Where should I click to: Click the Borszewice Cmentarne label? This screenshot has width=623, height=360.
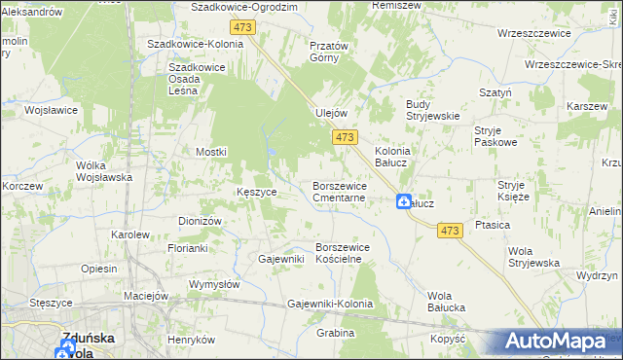pos(339,191)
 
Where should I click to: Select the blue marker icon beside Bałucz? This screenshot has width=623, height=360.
pos(403,201)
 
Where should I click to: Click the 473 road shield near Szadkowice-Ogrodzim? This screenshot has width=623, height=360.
pos(243,27)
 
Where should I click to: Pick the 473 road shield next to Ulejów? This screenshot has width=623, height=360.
pos(344,139)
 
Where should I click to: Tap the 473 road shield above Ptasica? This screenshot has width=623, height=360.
pos(449,230)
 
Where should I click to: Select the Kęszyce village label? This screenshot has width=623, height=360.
pos(257,192)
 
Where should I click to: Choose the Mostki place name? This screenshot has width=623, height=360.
pos(211,152)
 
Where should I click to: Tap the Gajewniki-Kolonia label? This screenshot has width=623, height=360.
pos(331,304)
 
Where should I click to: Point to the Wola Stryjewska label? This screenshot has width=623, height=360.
pos(533,257)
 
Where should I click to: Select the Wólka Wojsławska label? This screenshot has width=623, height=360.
pos(104,171)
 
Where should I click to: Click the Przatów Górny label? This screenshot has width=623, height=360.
pos(328,52)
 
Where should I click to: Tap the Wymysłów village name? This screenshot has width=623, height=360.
pos(214,284)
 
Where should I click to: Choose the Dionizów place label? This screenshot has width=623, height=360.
pos(201,221)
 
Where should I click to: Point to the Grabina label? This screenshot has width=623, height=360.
pos(335,333)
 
